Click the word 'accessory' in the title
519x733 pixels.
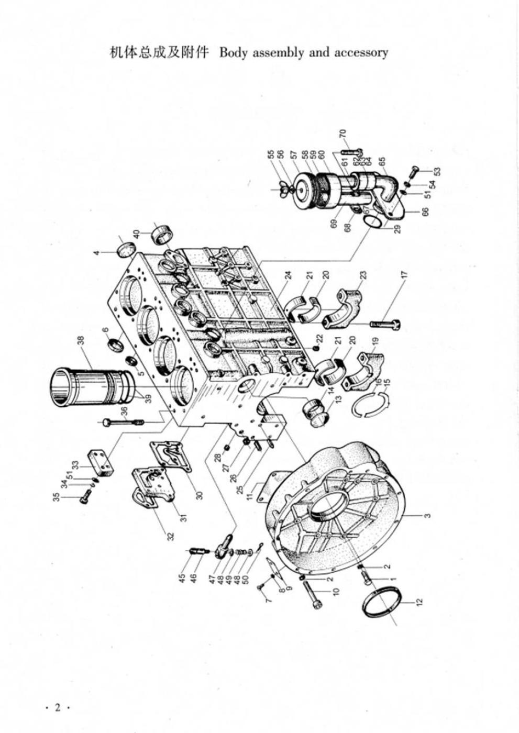pos(361,52)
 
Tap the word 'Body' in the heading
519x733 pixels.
pos(234,52)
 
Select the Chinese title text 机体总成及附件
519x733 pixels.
pos(159,52)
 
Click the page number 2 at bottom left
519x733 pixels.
pos(58,708)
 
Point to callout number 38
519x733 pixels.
pos(81,341)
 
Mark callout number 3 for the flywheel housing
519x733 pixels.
pos(428,516)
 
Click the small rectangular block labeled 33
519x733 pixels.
pos(102,460)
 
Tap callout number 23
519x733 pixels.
pos(363,274)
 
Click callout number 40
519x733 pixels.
pos(136,233)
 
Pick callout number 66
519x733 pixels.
pos(425,212)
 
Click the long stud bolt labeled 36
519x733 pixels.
pos(124,421)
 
